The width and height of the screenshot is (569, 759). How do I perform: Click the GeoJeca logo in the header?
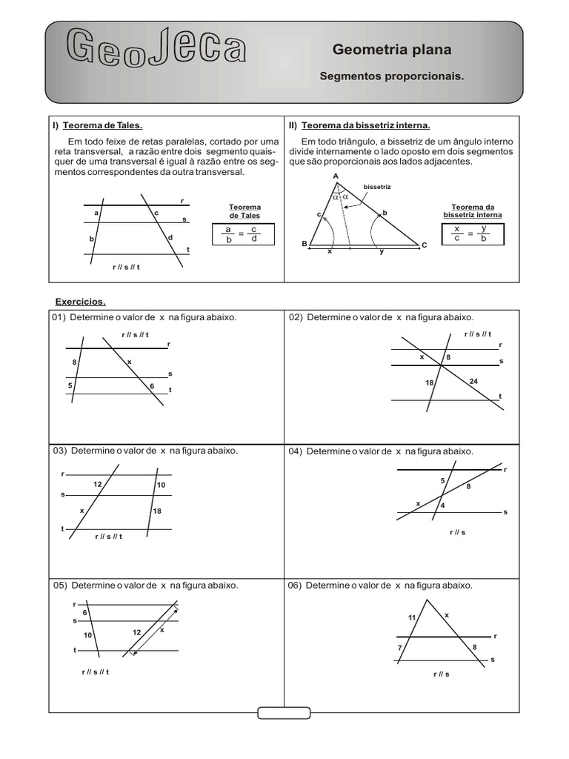point(156,47)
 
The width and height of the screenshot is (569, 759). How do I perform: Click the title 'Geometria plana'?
point(391,50)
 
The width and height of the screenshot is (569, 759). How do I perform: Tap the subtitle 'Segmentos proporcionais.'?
point(390,76)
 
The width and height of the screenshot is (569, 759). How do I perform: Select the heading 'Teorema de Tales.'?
point(102,125)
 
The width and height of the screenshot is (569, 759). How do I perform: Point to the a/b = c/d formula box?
point(242,234)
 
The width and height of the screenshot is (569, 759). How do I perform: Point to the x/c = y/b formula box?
point(472,233)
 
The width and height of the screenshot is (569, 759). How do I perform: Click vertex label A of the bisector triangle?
point(336,176)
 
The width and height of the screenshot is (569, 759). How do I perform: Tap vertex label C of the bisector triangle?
point(425,245)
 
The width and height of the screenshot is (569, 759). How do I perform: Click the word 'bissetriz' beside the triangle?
point(377,187)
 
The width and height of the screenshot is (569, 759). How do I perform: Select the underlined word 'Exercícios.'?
point(81,302)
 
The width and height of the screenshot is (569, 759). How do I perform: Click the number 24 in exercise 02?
point(475,381)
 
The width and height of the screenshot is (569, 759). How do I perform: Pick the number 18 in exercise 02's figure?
point(430,382)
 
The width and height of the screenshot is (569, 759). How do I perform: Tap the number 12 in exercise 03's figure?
point(98,484)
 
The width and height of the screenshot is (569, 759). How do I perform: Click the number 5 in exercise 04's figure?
point(443,481)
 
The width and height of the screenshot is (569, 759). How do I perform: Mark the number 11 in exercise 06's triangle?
point(412,617)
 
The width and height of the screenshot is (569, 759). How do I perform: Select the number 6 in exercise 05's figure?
point(85,612)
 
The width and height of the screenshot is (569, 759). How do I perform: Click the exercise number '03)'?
point(59,450)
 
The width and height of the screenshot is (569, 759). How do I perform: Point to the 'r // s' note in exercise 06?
point(442,674)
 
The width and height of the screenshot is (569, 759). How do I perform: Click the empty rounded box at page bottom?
point(284,713)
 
